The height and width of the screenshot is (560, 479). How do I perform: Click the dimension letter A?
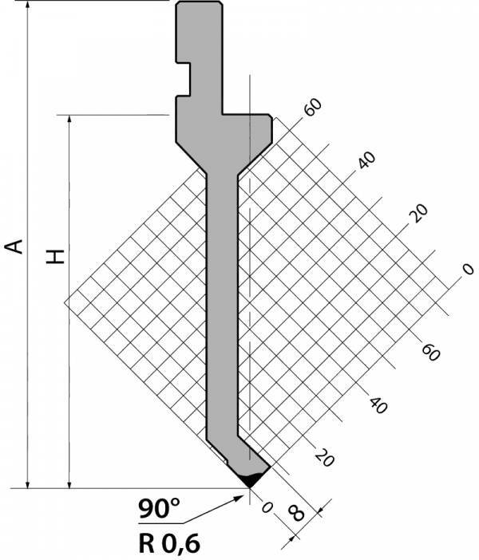[x=14, y=246]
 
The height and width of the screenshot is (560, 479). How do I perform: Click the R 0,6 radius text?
[x=169, y=544]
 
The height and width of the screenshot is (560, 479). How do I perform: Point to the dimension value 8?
[x=296, y=513]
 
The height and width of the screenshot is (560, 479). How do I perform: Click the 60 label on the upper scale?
[x=313, y=107]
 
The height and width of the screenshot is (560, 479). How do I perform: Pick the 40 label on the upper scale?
[x=366, y=160]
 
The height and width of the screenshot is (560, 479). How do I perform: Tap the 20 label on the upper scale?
[x=418, y=213]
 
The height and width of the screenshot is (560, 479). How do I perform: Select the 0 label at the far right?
[x=468, y=269]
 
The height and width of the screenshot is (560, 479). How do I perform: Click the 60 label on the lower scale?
[x=430, y=352]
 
